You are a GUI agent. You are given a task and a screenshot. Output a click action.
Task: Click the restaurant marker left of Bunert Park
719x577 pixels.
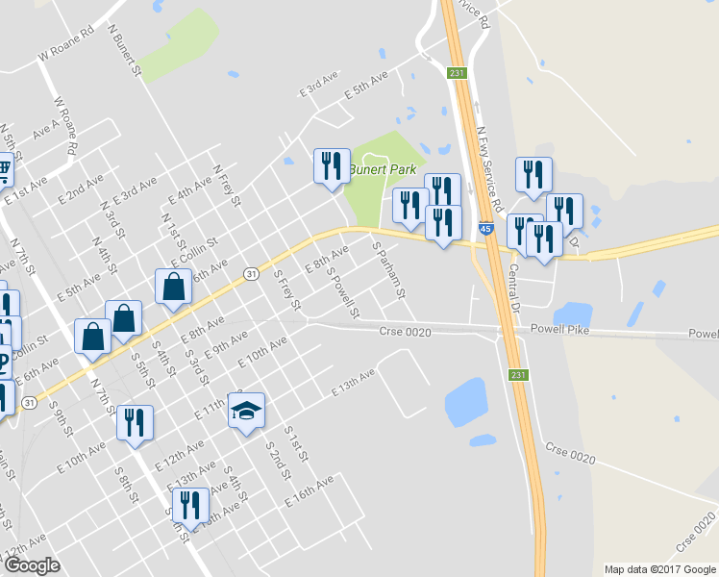[331, 165]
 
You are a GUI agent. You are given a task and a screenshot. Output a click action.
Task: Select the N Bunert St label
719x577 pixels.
[125, 52]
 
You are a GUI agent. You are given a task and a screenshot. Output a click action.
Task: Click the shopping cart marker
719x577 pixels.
[4, 170]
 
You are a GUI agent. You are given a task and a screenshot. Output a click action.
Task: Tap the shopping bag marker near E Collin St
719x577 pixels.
[172, 287]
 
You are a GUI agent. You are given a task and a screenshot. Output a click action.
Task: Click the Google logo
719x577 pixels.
[32, 565]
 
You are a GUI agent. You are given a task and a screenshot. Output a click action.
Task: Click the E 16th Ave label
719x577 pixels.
[309, 490]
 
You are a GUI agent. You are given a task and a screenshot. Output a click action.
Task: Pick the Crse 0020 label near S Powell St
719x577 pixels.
[405, 332]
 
